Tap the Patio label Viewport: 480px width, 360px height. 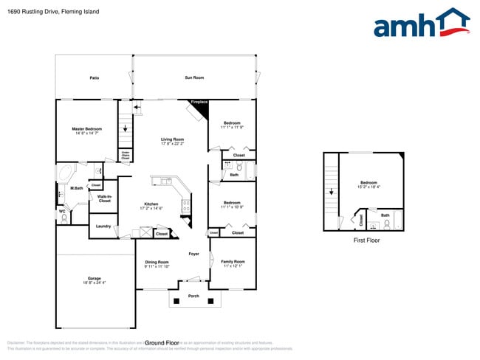95,77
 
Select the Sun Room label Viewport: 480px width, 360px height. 194,77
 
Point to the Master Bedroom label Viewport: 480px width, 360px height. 87,129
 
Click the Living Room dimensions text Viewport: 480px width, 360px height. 174,144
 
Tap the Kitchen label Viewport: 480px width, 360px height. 151,204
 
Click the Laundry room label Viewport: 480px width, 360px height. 103,226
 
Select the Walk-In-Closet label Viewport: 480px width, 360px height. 104,198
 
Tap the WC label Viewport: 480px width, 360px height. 62,211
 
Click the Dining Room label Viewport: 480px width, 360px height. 157,262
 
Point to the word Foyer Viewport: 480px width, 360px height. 194,254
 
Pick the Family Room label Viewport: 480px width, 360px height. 233,262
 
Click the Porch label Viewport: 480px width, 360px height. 193,296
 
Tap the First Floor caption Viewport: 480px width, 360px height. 366,240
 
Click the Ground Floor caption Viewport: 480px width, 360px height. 162,343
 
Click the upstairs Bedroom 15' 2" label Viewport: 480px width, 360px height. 368,182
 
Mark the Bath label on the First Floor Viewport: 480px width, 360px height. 385,215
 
